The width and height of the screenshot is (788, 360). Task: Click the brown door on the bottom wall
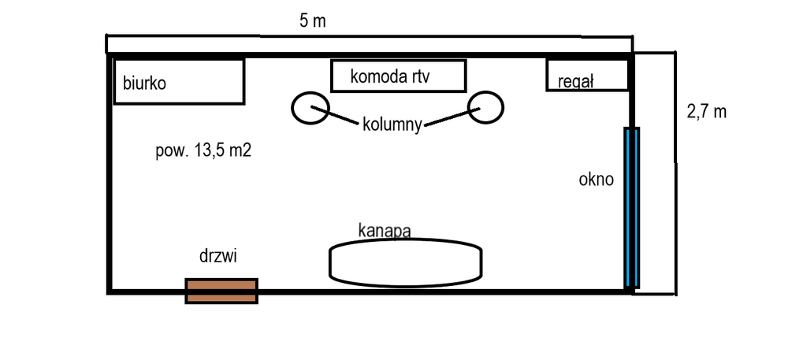(221, 290)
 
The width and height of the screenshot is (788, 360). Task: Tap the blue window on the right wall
(631, 206)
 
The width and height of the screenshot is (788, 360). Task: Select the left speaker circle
(310, 107)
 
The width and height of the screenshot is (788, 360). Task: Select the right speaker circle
(485, 107)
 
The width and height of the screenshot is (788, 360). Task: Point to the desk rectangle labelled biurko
(179, 80)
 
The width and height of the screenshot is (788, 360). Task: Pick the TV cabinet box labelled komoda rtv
(398, 76)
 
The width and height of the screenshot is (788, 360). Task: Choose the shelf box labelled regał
(588, 75)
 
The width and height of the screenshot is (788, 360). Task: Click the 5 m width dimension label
(312, 21)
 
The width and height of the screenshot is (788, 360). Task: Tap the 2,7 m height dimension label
(706, 111)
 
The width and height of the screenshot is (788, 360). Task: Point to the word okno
(596, 180)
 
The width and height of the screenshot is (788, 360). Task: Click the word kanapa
(385, 231)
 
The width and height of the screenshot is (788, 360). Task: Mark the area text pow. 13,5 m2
(203, 152)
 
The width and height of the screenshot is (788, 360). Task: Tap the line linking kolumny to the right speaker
(450, 118)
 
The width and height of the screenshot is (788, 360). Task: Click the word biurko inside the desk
(144, 83)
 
